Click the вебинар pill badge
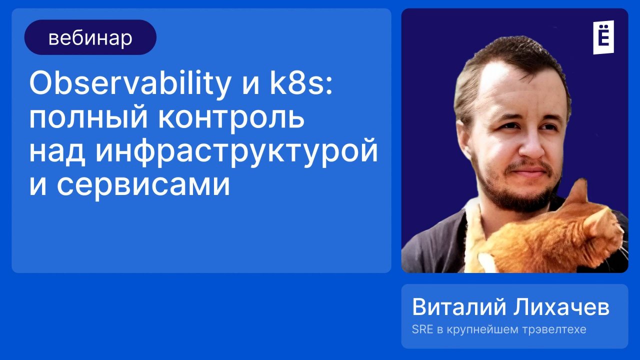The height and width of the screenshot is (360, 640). [90, 37]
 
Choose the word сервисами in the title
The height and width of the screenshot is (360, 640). [143, 185]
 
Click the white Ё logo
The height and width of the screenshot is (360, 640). [603, 37]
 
